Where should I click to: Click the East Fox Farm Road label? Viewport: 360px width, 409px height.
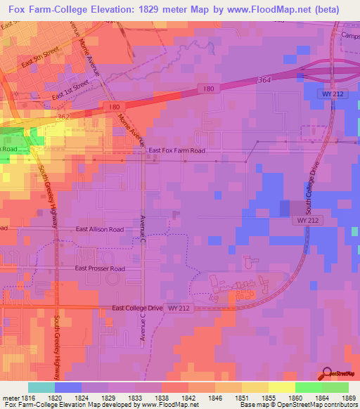(176, 150)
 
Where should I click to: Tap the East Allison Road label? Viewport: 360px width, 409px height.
(100, 229)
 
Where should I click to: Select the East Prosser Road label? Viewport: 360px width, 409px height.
(100, 268)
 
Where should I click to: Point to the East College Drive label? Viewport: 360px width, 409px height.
(139, 308)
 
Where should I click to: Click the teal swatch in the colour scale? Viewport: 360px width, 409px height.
(41, 387)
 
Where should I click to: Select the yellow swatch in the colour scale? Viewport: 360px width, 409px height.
(281, 387)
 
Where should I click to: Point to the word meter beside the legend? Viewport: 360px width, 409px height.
(10, 399)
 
